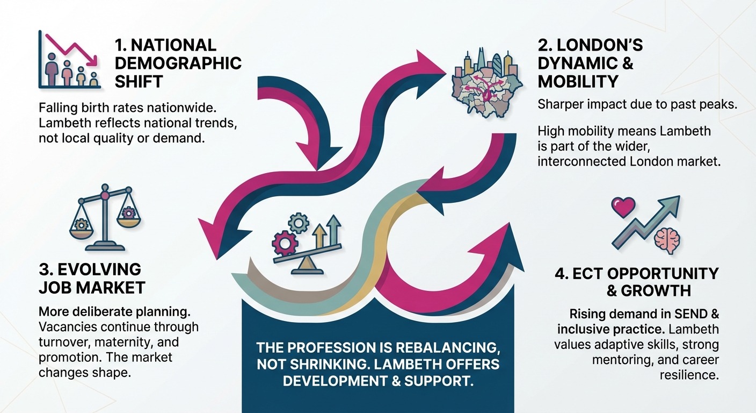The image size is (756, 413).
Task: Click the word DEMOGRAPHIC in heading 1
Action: pos(178,63)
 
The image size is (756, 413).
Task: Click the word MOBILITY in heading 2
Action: pos(578,82)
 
